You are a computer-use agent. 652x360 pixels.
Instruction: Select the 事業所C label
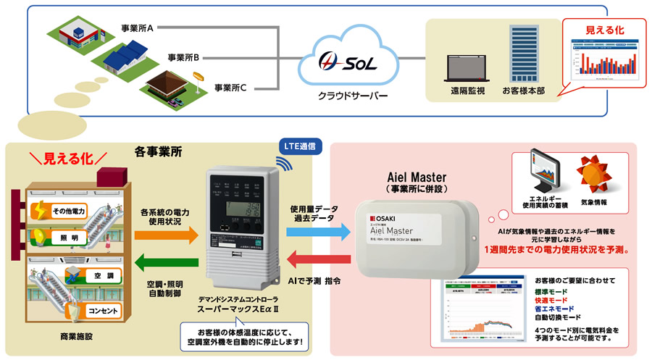click(x=230, y=88)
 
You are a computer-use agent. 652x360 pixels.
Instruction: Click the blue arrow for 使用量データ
click(x=315, y=232)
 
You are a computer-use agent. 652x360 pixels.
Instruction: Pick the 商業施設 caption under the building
click(x=82, y=338)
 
